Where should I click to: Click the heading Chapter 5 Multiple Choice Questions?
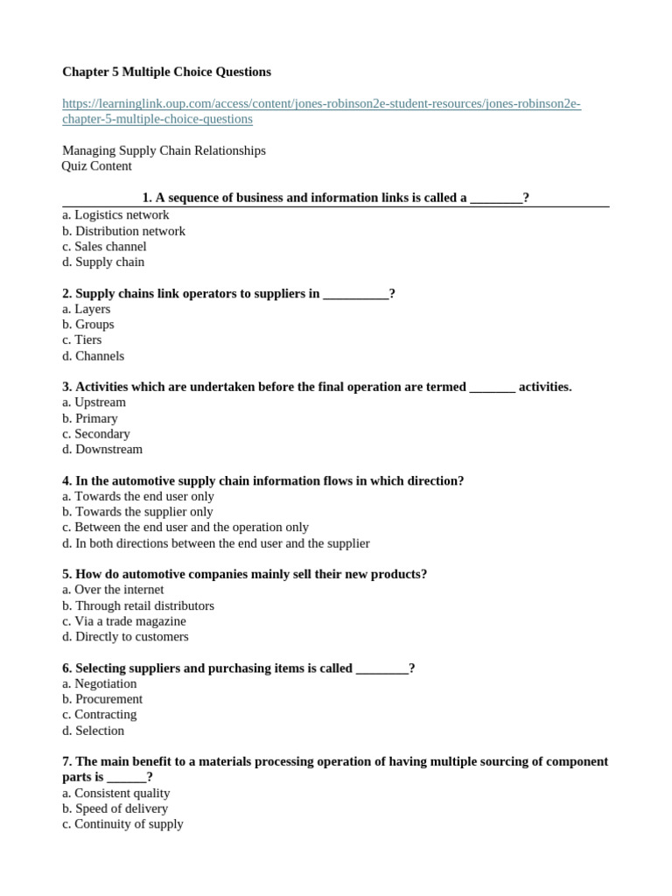tap(166, 72)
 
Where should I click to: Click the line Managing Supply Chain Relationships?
tap(164, 150)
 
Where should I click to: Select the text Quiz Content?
tap(97, 166)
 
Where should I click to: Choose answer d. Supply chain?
tap(103, 262)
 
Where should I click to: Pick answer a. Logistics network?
tap(115, 214)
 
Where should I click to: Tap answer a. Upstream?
tap(94, 402)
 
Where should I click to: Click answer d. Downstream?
tap(102, 450)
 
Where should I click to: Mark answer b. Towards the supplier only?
tap(137, 512)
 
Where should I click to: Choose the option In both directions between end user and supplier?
tap(216, 543)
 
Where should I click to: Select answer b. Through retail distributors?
tap(138, 605)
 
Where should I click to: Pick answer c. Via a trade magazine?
tap(124, 621)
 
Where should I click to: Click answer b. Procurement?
tap(102, 699)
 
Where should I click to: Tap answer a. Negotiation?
tap(100, 683)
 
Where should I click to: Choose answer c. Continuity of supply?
tap(122, 824)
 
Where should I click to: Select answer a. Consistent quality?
tap(116, 793)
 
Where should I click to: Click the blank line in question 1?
tap(496, 199)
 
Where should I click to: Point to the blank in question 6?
tap(382, 668)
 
